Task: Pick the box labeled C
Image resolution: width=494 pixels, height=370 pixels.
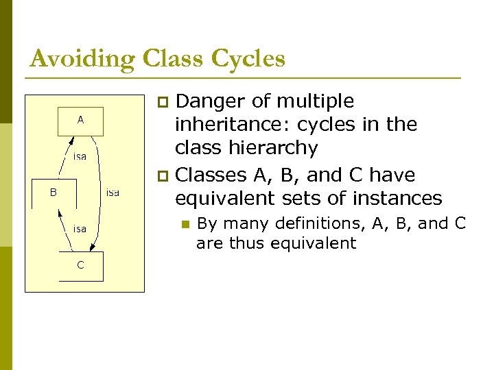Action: point(80,267)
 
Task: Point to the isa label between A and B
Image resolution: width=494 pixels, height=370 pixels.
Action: point(80,157)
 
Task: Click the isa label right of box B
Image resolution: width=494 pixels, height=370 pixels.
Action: point(113,193)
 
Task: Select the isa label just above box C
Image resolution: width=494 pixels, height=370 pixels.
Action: point(80,229)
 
